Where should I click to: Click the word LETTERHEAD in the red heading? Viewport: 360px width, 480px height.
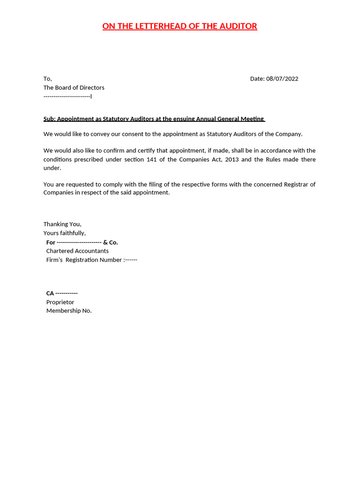pos(160,26)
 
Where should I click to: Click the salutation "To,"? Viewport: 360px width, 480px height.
pos(48,79)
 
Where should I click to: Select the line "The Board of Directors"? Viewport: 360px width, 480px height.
pos(74,88)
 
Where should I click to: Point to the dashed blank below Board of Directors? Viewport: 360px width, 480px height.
pos(67,97)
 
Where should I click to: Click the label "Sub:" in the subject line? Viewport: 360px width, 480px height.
pos(49,119)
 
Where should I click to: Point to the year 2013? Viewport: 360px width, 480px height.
pos(232,159)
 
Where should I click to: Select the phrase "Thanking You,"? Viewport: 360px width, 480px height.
pos(62,224)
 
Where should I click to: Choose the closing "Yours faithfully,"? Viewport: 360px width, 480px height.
pos(65,233)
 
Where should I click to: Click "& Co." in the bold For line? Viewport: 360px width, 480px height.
pos(111,242)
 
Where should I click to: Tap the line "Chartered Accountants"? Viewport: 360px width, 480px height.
pos(77,251)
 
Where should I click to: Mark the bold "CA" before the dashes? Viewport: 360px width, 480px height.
pos(50,293)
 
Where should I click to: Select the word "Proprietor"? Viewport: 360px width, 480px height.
pos(60,302)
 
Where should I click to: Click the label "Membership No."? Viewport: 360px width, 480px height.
pos(69,311)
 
